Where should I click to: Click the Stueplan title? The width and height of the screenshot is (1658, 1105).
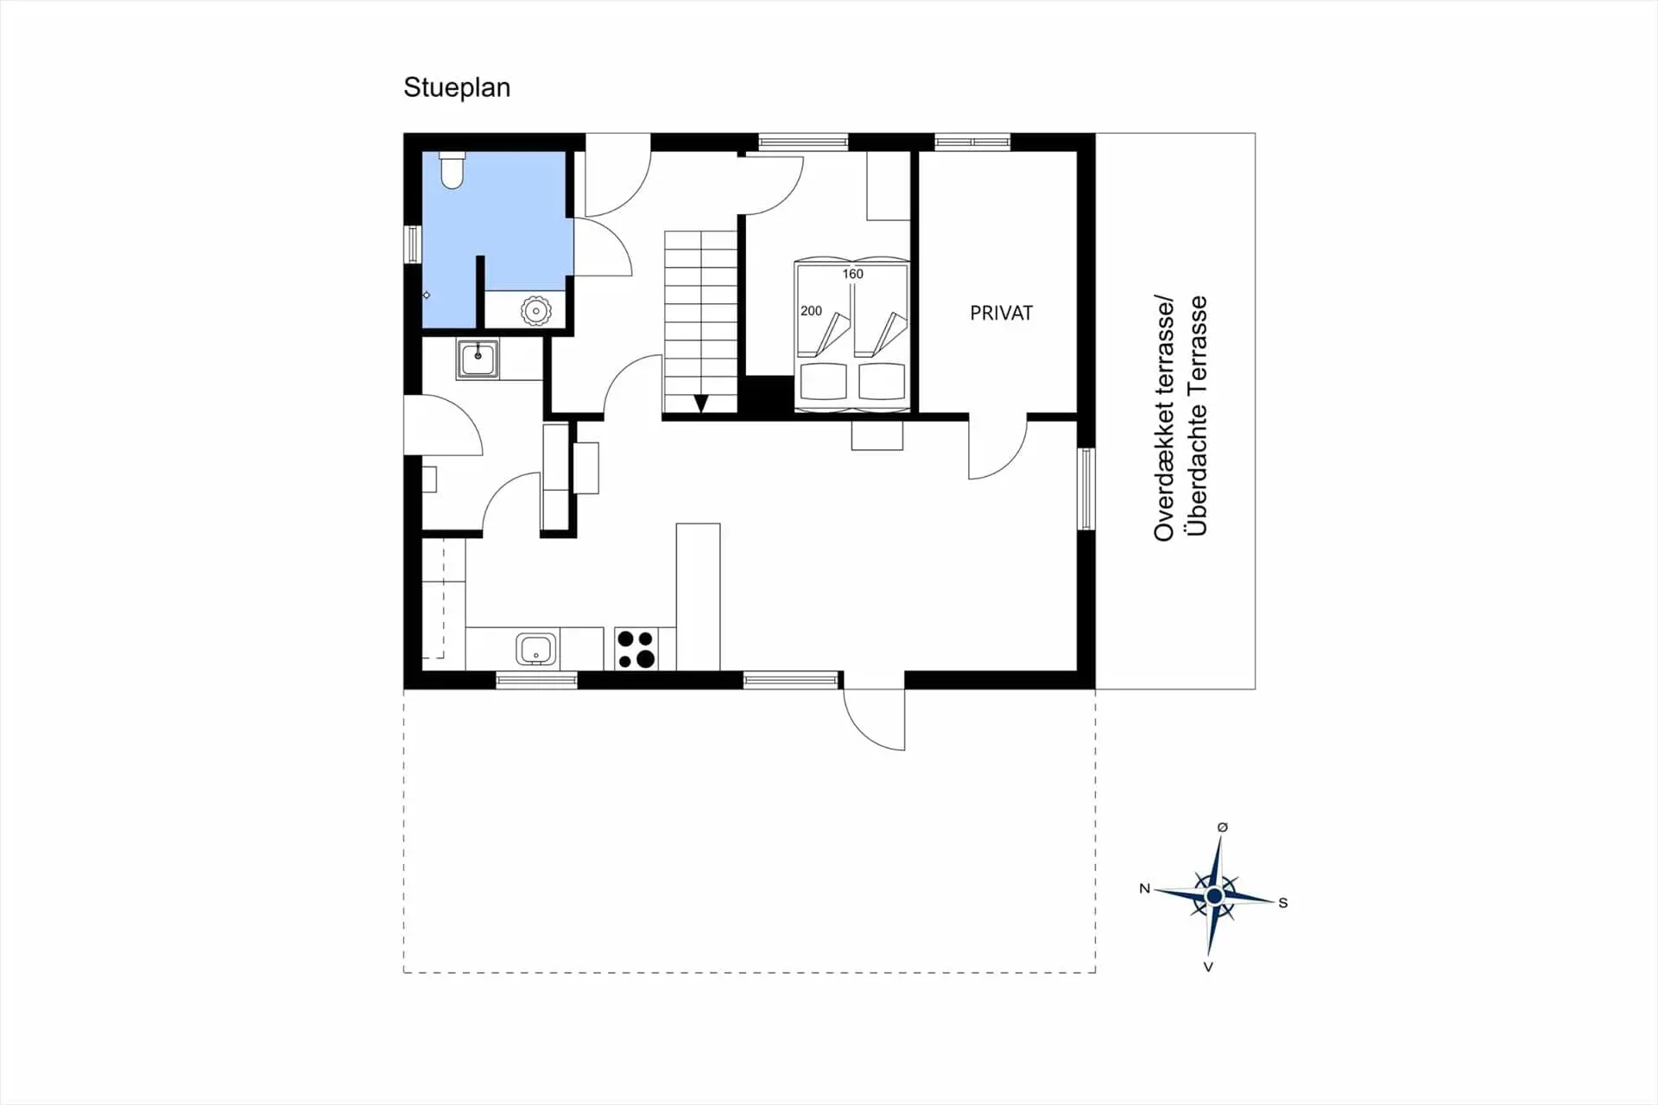click(457, 88)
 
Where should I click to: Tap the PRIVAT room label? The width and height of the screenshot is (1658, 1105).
click(1001, 313)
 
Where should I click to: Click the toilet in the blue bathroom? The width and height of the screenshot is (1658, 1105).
click(452, 170)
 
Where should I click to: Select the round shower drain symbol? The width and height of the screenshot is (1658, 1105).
click(535, 311)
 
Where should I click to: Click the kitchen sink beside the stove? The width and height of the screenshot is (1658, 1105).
click(536, 649)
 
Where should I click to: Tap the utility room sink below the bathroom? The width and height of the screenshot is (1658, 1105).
click(478, 359)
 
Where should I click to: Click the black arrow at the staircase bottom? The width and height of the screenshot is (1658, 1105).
click(701, 403)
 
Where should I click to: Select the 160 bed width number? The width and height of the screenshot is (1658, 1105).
click(852, 274)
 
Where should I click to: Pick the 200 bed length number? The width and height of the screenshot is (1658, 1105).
click(811, 311)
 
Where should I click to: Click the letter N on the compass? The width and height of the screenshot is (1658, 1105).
click(1145, 888)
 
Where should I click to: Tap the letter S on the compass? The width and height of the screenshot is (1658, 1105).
click(1283, 903)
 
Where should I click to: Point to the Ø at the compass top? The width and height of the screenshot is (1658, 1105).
click(1222, 828)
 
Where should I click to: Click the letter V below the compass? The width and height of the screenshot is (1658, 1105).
click(1208, 967)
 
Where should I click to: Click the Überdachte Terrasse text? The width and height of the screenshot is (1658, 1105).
click(1197, 416)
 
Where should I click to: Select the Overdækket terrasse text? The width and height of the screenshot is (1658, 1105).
click(1164, 419)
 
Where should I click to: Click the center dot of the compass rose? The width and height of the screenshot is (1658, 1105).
click(1214, 897)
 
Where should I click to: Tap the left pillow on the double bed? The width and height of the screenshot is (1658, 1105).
click(823, 381)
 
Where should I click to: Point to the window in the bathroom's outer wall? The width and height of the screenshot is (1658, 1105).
click(413, 244)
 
